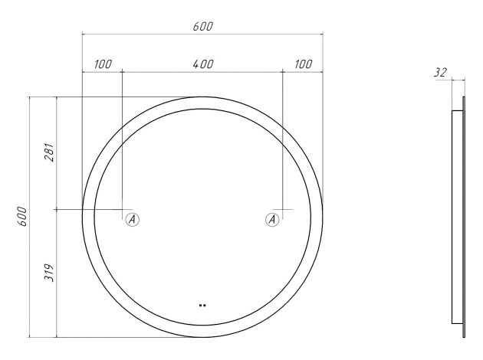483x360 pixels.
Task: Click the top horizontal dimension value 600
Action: [203, 27]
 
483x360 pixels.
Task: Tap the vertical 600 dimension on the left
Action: [23, 216]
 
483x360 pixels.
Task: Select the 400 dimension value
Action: [203, 64]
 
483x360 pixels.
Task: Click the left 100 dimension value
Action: [103, 64]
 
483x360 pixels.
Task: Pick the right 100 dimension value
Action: [304, 64]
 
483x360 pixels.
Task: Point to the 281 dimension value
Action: [49, 152]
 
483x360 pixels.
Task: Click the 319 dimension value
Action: [49, 273]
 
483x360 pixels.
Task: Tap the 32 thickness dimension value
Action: [441, 73]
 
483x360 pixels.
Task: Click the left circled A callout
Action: [133, 219]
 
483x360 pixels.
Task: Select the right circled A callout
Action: [272, 219]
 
